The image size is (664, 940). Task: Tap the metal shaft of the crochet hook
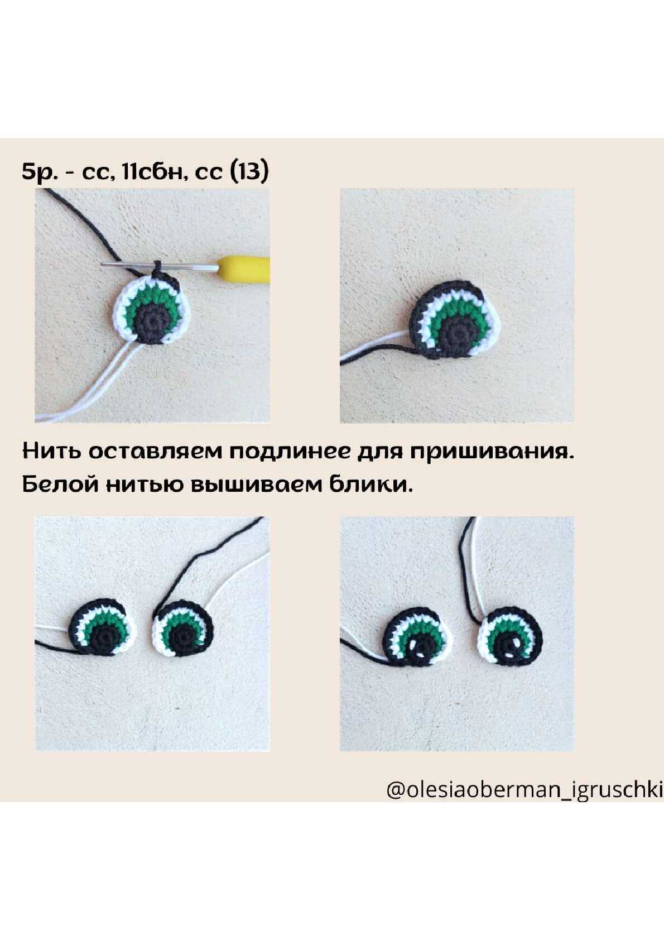point(160,265)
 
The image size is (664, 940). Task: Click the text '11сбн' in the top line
point(154,172)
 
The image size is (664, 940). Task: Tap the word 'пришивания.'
point(491,452)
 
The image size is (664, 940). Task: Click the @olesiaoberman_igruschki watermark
point(525,790)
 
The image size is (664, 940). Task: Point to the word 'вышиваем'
point(256,485)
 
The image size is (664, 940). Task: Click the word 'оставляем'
point(155,452)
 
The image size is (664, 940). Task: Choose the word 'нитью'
point(143,485)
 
